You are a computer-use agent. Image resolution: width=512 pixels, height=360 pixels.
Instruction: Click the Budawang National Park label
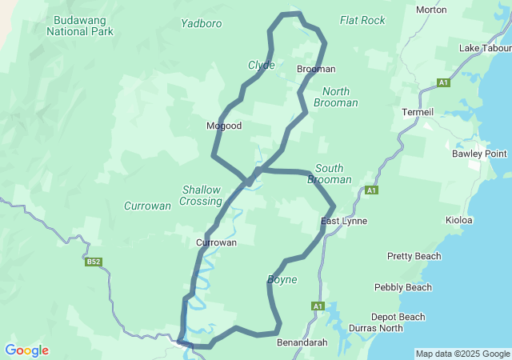80,26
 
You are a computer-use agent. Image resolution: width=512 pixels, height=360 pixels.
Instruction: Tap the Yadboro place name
202,23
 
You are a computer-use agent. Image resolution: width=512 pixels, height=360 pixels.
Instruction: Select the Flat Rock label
362,20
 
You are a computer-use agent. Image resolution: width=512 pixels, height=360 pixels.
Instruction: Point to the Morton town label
432,10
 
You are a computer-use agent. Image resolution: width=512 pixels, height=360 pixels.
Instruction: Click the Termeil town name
418,111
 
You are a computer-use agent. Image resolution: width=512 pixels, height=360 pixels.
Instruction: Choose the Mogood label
224,126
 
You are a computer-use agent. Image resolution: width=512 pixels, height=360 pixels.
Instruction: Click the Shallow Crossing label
200,195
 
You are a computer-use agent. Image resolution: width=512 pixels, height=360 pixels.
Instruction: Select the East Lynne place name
344,221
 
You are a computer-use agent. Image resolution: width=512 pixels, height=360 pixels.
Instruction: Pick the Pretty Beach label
414,256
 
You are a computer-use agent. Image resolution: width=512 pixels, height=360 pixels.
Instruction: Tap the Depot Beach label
398,317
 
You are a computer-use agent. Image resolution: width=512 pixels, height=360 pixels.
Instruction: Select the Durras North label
376,328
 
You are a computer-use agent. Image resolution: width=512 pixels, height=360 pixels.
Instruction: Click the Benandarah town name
302,342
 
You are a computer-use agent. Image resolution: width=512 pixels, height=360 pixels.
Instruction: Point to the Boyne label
282,280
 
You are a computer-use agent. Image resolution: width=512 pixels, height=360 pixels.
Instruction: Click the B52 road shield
93,262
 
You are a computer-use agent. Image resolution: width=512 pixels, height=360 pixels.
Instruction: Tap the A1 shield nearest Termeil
444,82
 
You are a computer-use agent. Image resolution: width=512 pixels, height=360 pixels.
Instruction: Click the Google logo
26,350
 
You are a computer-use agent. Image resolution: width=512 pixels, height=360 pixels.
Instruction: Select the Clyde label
262,65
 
